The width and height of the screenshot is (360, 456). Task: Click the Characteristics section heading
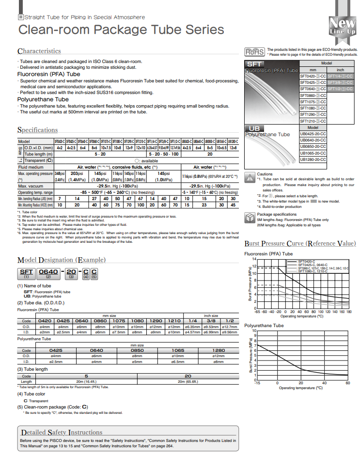(x=39, y=51)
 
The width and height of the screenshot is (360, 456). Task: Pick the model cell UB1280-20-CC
(x=313, y=159)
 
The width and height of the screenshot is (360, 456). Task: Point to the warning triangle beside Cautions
(x=250, y=177)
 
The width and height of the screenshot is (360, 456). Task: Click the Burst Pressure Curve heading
(x=300, y=243)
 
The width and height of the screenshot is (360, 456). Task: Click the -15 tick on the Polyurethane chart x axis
(x=257, y=383)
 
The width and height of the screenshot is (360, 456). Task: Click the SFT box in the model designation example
(x=26, y=272)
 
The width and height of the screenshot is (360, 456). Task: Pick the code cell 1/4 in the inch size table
(x=193, y=321)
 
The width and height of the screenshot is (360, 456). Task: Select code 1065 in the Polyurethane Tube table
(x=178, y=350)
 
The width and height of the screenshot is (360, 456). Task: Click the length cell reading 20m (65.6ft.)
(x=188, y=381)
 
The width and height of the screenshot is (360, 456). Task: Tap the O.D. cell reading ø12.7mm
(x=230, y=327)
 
